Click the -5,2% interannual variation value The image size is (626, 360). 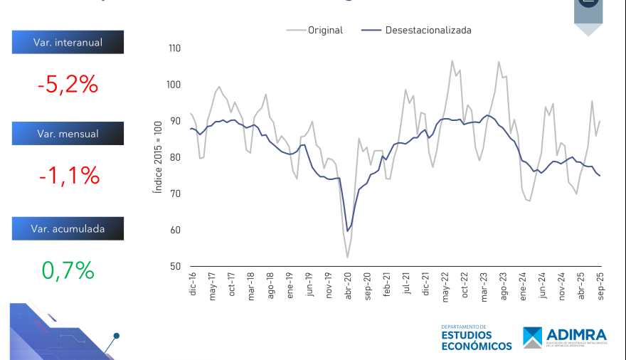pyautogui.click(x=68, y=85)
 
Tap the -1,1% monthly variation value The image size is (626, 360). pyautogui.click(x=68, y=174)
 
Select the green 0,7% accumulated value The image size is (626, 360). pyautogui.click(x=68, y=270)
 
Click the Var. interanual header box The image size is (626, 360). pyautogui.click(x=68, y=43)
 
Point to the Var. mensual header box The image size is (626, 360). pyautogui.click(x=68, y=134)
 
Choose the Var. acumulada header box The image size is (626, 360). pyautogui.click(x=68, y=228)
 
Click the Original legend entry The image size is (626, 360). pyautogui.click(x=314, y=30)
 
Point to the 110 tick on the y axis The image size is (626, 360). pyautogui.click(x=174, y=49)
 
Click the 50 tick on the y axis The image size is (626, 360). pyautogui.click(x=176, y=266)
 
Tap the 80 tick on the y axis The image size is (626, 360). pyautogui.click(x=176, y=157)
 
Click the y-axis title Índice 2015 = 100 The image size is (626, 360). pyautogui.click(x=158, y=157)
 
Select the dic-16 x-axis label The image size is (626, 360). pyautogui.click(x=192, y=283)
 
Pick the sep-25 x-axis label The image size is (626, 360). pyautogui.click(x=600, y=283)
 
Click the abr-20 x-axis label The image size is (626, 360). pyautogui.click(x=348, y=283)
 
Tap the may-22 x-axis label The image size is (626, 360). pyautogui.click(x=445, y=283)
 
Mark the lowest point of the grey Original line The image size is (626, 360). pyautogui.click(x=348, y=257)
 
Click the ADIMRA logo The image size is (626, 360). pyautogui.click(x=566, y=337)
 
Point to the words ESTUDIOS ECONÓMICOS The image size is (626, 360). pyautogui.click(x=476, y=340)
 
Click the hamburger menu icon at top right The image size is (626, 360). pyautogui.click(x=588, y=3)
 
